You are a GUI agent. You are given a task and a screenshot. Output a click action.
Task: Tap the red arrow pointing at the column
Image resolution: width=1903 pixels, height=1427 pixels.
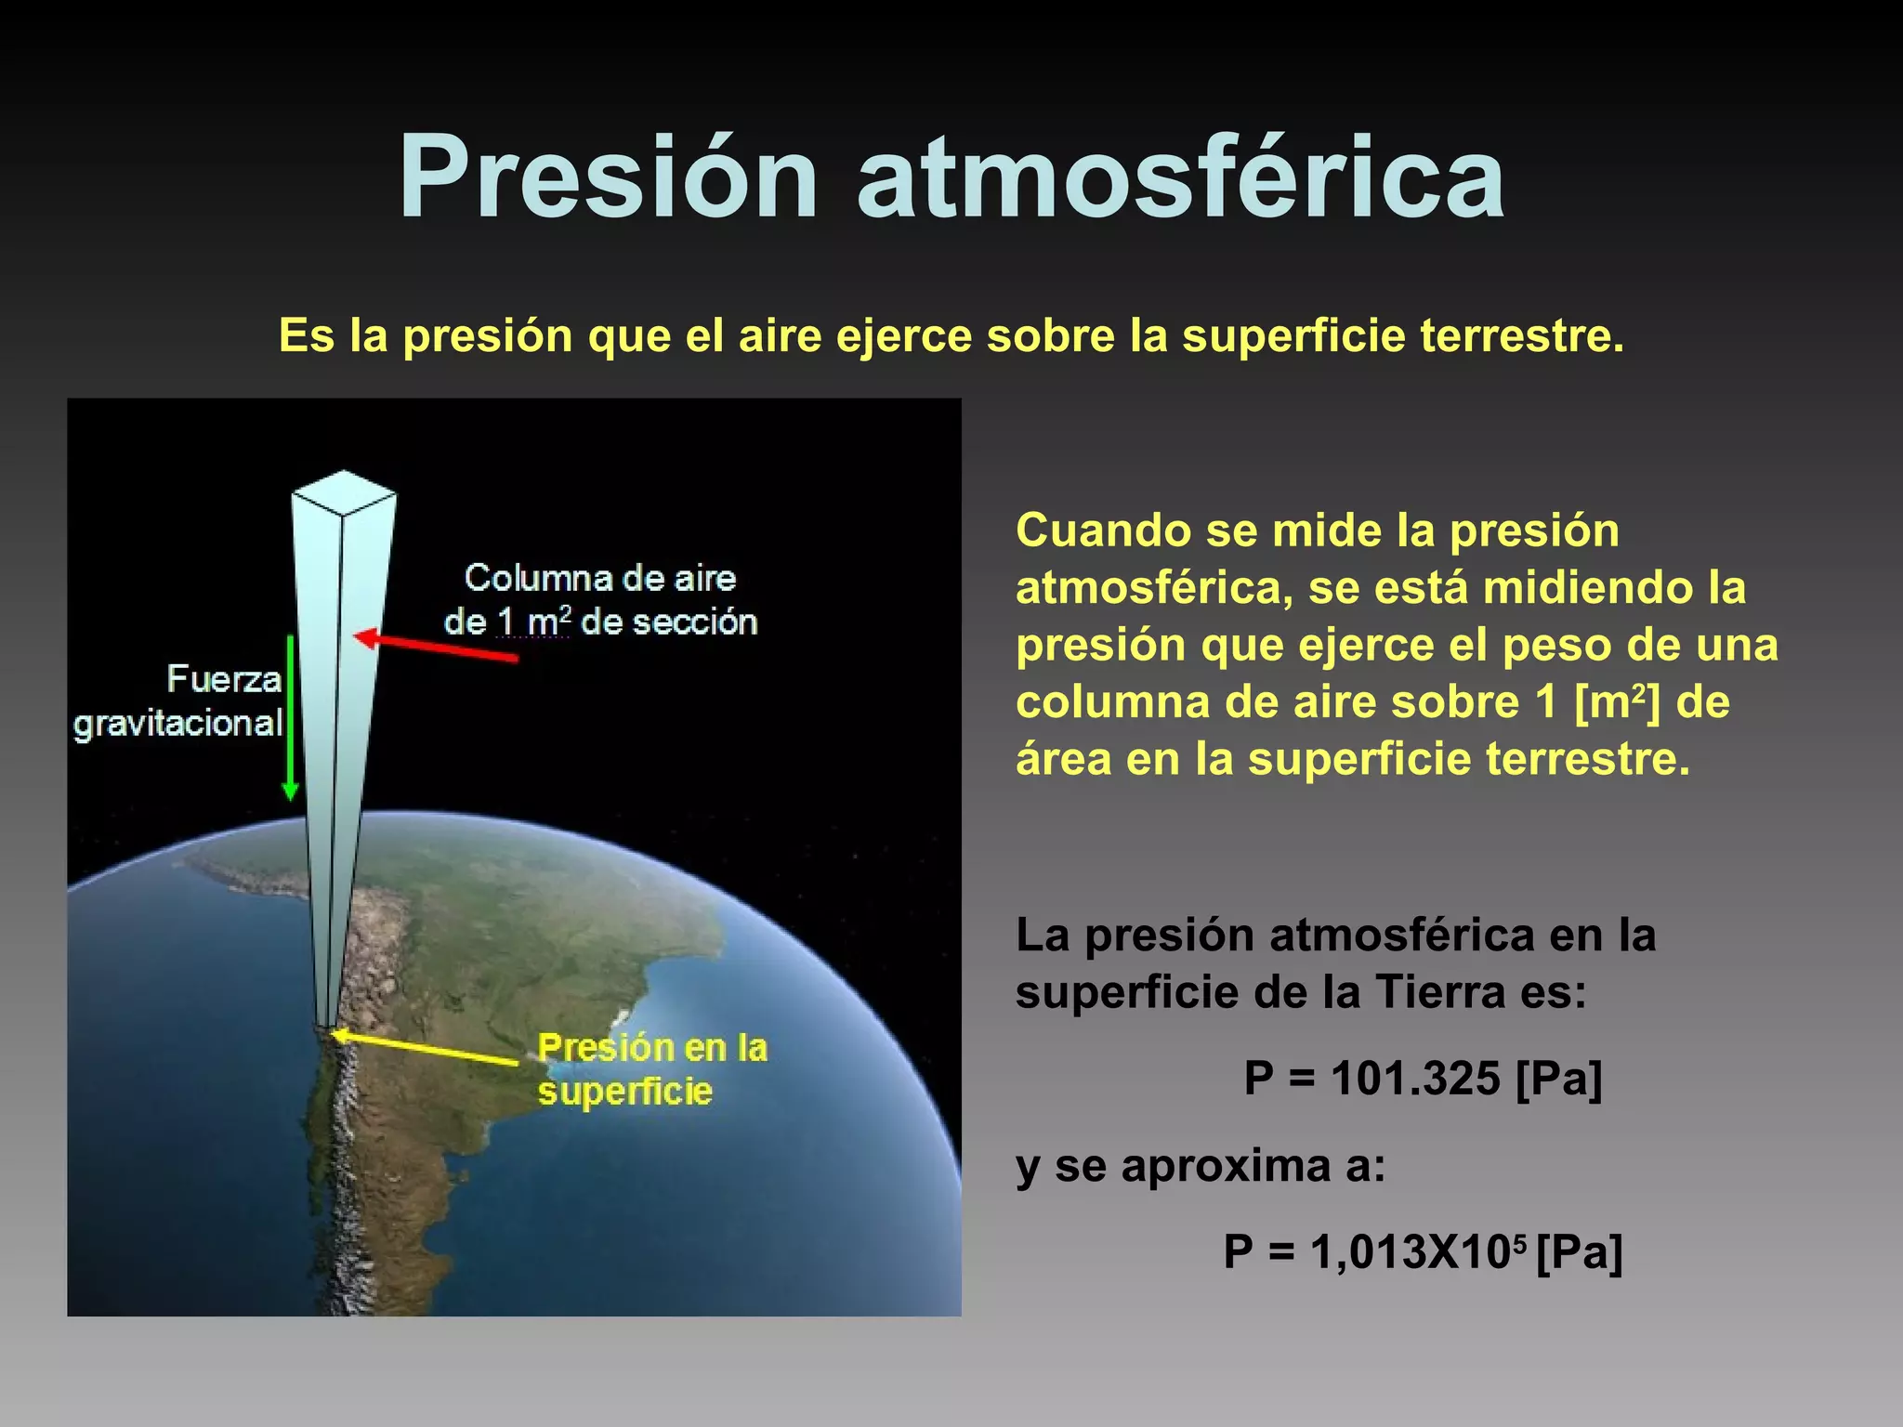[437, 646]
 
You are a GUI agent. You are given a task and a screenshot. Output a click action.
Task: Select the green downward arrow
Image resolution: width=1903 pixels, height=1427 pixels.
[290, 715]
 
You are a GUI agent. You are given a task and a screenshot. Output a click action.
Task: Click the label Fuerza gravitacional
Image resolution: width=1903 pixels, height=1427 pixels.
[178, 701]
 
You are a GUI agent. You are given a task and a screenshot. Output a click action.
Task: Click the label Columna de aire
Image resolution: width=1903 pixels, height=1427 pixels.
[600, 578]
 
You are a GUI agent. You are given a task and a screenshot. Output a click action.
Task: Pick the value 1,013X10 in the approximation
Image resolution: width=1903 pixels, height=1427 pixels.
[1412, 1251]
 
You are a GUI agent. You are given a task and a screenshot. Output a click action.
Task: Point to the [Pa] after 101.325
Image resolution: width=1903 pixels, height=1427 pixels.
[1558, 1079]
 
